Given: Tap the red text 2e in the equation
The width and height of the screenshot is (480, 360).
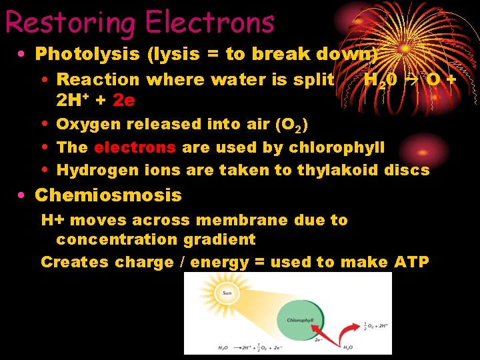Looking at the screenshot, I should tap(124, 100).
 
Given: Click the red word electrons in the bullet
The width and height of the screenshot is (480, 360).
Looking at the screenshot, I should tap(135, 147).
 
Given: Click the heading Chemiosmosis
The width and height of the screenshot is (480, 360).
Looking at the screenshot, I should tap(107, 195).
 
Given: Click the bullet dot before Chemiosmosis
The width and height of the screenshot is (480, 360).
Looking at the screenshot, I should tap(23, 195).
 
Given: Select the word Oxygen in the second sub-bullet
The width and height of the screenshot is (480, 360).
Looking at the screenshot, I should tap(83, 124).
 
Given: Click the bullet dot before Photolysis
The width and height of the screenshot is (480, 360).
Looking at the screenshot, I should tap(23, 53).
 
